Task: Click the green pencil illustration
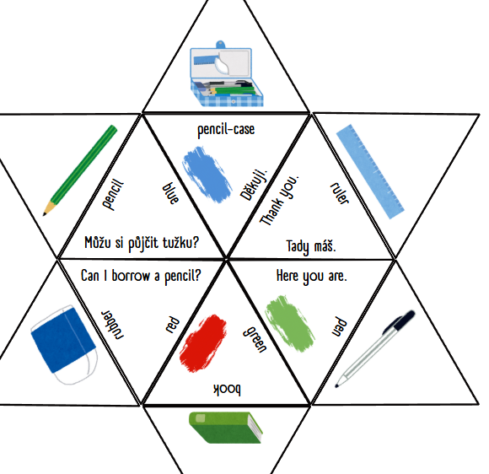pos(80,170)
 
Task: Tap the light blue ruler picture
pos(370,171)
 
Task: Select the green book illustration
pos(226,428)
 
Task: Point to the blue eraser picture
pos(64,344)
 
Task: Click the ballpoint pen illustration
pos(375,348)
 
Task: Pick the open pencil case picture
pos(227,74)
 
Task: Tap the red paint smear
pos(203,343)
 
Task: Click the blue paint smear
pos(207,174)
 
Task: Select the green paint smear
pos(289,323)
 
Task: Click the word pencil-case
pos(226,130)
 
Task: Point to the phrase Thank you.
pos(280,200)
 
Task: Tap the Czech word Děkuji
pos(254,185)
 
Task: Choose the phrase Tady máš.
pos(311,247)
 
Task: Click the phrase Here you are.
pos(312,277)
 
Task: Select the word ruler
pos(340,193)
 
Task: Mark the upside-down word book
pos(227,390)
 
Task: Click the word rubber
pos(112,325)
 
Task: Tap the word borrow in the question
pos(131,276)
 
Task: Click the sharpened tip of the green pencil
pos(45,214)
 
